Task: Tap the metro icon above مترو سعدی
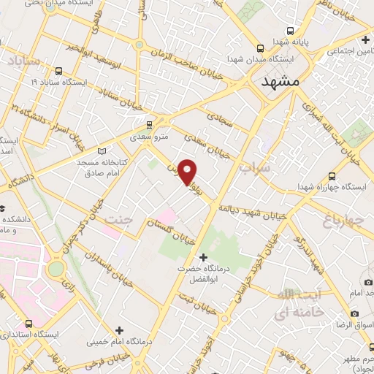[150, 125]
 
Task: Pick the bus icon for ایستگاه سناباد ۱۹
[58, 72]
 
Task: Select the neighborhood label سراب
[254, 167]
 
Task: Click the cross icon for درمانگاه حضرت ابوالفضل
[203, 257]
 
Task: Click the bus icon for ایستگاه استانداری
[28, 323]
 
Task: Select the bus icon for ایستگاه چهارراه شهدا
[333, 176]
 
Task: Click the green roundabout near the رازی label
[56, 268]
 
